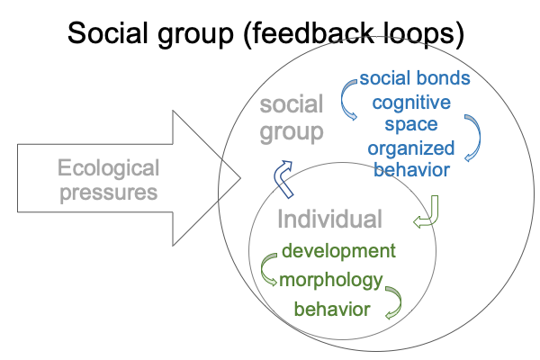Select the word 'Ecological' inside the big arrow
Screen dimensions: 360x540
[x=109, y=167]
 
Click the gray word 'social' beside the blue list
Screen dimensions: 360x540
[x=291, y=106]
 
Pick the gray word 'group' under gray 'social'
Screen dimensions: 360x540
[x=291, y=132]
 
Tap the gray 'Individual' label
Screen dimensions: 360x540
[x=329, y=219]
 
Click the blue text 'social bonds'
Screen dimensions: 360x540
[x=414, y=78]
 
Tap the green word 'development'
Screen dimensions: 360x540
[x=337, y=249]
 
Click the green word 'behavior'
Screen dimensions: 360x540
[x=332, y=310]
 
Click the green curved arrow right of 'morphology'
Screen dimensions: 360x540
[x=393, y=301]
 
